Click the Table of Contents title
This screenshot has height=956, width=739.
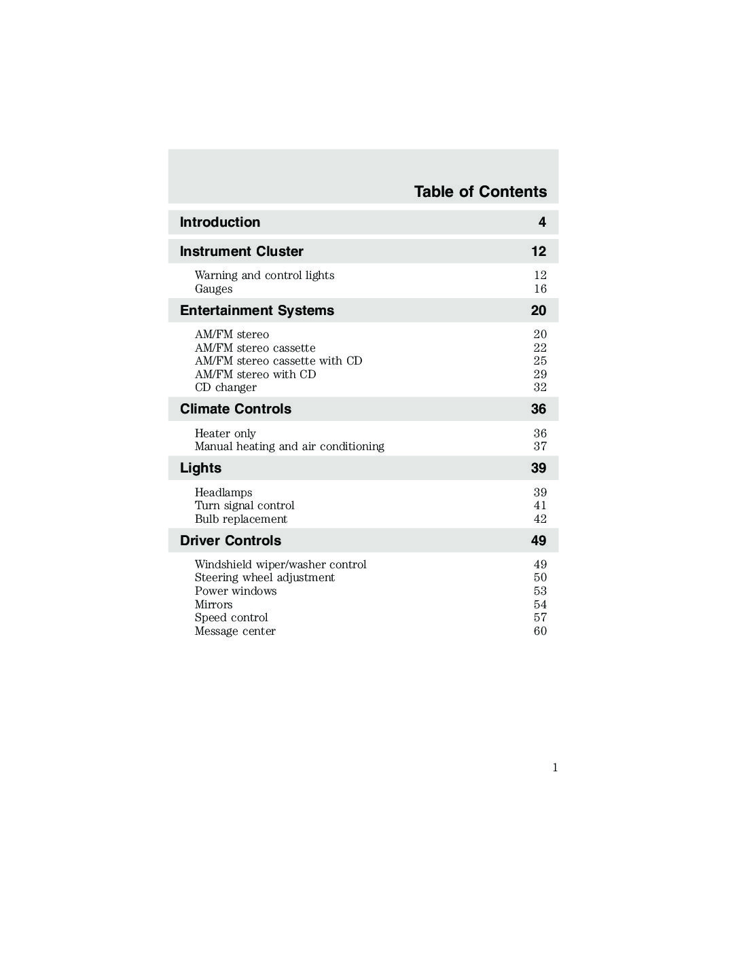[480, 191]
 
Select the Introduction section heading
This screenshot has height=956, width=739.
[219, 222]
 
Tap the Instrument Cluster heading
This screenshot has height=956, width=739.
[241, 251]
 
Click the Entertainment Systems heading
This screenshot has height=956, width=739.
[257, 310]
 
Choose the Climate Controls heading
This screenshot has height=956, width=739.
[235, 409]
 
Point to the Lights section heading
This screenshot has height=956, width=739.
[200, 468]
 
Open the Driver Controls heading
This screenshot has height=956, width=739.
[230, 540]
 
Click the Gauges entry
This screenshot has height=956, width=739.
[213, 289]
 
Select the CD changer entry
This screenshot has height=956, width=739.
[226, 387]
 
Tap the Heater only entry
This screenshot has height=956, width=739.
[225, 433]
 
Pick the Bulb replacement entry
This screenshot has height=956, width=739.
[240, 519]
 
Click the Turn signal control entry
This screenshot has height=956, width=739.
[245, 505]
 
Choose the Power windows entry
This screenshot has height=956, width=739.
[236, 591]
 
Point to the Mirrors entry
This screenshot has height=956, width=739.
[213, 604]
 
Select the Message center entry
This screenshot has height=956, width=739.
[235, 631]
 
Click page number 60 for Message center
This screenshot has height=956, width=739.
[540, 631]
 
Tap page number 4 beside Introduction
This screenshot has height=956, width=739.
[542, 222]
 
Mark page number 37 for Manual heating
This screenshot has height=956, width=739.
[540, 446]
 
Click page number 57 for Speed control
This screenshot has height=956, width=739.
[540, 617]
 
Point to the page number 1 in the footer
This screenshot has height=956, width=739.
[555, 768]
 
